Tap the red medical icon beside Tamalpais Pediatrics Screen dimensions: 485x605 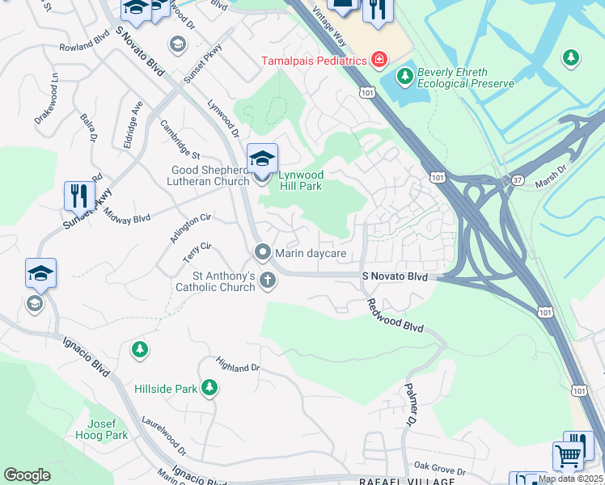(378, 59)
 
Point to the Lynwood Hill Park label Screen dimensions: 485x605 (301, 180)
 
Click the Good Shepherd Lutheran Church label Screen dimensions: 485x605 (209, 175)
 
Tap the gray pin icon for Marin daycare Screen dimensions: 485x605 (262, 253)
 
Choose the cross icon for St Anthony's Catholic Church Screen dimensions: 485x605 (268, 280)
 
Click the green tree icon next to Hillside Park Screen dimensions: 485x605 (209, 388)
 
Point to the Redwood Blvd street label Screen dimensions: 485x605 (395, 317)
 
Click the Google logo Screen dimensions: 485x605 (27, 475)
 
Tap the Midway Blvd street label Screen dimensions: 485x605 (130, 219)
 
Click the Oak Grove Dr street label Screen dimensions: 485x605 (439, 467)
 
